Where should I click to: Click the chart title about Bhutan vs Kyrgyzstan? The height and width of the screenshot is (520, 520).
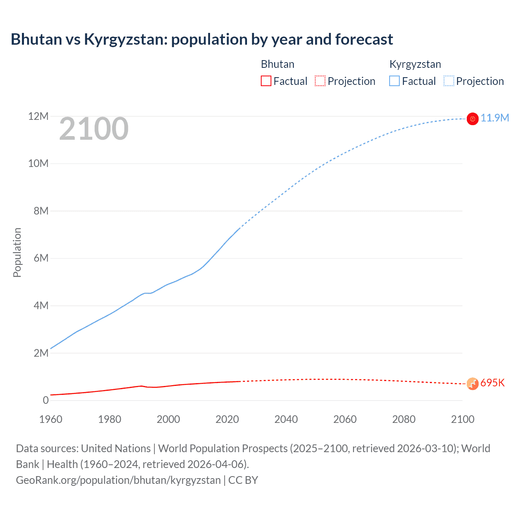[x=201, y=39]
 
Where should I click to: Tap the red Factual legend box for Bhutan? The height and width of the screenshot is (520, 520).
[x=266, y=81]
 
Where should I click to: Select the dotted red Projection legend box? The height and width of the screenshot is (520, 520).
[x=320, y=81]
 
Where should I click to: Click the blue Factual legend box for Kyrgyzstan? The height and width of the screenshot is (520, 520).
[x=394, y=81]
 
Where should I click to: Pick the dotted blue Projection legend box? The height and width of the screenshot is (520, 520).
[x=448, y=81]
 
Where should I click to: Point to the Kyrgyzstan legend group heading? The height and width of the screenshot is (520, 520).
[x=415, y=64]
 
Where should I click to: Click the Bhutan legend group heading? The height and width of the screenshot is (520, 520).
[x=277, y=64]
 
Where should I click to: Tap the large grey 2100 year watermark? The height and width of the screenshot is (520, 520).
[x=94, y=129]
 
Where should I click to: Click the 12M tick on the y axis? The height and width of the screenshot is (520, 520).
[x=38, y=117]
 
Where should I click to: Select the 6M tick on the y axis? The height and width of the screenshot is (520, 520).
[x=41, y=258]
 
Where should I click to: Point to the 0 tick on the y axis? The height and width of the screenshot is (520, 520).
[x=45, y=400]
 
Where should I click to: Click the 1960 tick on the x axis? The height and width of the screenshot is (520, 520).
[x=51, y=419]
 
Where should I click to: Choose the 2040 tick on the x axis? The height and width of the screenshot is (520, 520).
[x=286, y=419]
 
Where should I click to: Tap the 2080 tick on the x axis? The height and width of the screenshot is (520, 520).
[x=403, y=419]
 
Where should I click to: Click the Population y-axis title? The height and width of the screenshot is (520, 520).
[x=17, y=252]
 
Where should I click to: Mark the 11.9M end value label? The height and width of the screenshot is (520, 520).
[x=494, y=118]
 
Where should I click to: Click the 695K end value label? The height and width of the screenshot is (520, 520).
[x=492, y=383]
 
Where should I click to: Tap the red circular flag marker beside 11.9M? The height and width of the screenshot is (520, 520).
[x=472, y=119]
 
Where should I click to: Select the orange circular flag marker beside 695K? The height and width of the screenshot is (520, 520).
[x=472, y=383]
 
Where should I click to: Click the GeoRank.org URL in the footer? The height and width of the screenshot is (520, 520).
[x=118, y=480]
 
